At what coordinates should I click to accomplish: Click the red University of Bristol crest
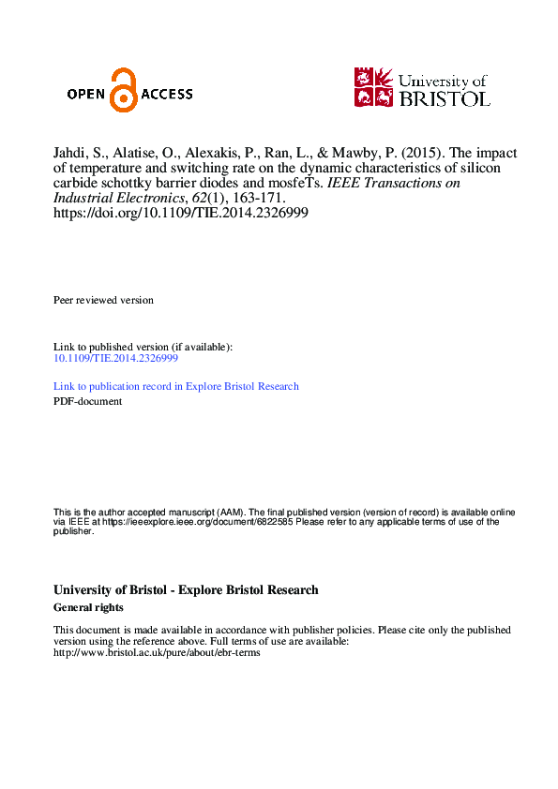(x=373, y=86)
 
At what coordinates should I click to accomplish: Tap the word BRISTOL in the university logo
(x=445, y=97)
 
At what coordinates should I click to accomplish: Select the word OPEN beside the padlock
(x=87, y=94)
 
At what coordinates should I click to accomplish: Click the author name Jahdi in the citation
(x=69, y=154)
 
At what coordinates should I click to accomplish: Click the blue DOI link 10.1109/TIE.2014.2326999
(x=116, y=358)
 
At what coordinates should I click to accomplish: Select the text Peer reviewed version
(x=103, y=300)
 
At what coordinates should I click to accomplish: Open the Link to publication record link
(x=176, y=386)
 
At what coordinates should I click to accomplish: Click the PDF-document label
(x=87, y=401)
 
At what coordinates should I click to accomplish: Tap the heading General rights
(x=89, y=607)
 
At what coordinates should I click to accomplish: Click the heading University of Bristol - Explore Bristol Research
(x=186, y=590)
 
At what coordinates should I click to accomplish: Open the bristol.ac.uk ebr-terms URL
(x=157, y=652)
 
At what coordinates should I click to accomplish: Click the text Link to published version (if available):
(x=143, y=347)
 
